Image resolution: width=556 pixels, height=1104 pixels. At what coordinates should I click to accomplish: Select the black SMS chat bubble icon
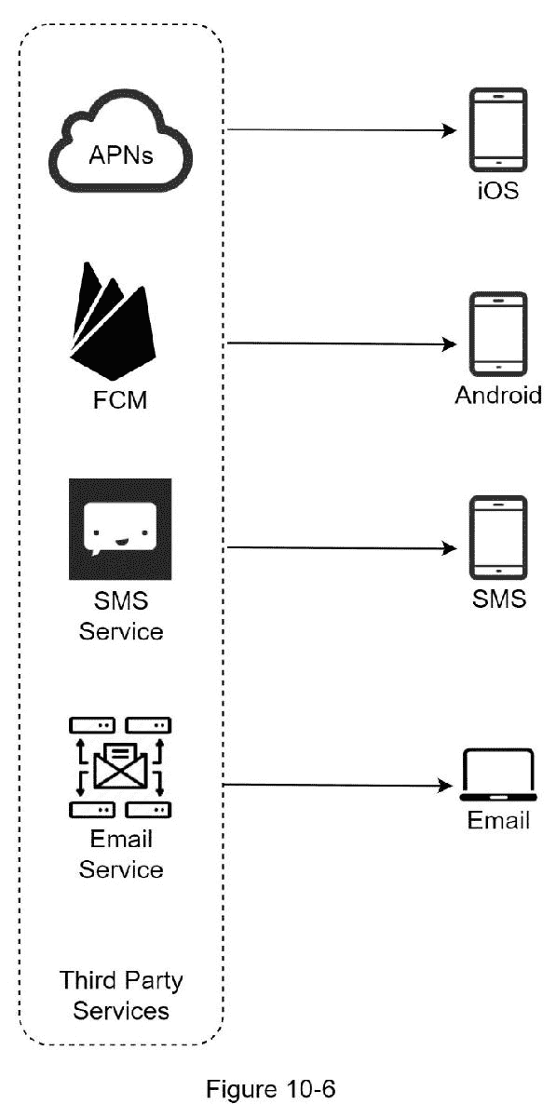120,529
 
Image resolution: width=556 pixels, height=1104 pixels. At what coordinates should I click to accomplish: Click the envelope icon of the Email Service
120,759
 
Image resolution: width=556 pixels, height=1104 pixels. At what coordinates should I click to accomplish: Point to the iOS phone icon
497,130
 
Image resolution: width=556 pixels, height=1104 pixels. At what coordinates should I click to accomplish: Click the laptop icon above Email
497,774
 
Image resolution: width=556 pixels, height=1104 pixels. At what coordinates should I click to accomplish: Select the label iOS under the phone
497,193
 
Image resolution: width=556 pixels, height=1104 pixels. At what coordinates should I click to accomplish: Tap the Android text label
497,396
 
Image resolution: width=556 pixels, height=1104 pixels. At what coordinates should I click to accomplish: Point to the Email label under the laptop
497,821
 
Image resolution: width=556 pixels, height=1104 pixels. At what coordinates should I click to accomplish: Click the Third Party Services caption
121,995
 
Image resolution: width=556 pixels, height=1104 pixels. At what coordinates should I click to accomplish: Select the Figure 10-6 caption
278,1087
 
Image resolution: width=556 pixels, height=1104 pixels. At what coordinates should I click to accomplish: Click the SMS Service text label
121,615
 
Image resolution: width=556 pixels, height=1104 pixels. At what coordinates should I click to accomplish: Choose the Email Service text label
121,854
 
